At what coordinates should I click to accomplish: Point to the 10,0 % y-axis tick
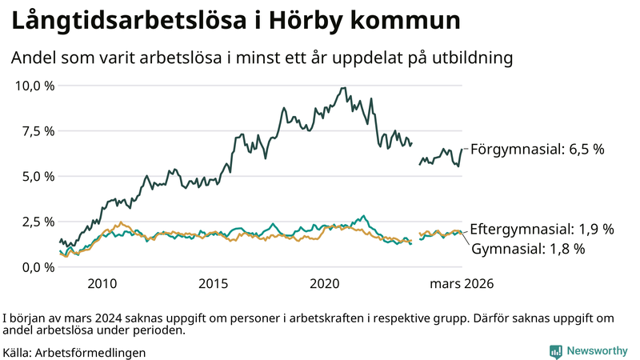34,86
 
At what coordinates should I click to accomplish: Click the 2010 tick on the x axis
102,284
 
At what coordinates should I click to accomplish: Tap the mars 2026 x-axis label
462,284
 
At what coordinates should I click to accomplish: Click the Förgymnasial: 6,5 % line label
537,150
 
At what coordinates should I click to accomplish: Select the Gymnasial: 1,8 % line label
528,249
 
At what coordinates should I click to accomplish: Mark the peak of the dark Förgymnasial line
343,88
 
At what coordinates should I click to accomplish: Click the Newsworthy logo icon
555,351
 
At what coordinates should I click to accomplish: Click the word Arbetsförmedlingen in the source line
90,352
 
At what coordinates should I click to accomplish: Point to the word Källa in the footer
18,352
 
